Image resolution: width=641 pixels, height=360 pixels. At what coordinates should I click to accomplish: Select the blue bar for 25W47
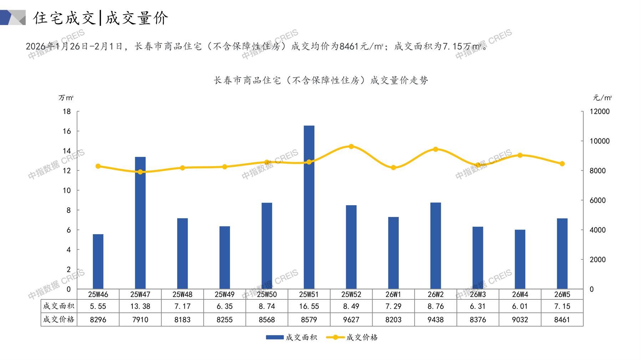click(140, 223)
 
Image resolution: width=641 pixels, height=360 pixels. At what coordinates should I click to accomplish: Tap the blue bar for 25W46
click(98, 261)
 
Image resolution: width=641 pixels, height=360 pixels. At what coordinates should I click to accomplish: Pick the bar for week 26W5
click(562, 253)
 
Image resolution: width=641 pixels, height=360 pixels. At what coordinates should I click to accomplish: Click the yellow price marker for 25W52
click(351, 146)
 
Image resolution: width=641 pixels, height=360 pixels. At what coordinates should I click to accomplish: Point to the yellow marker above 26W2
click(436, 149)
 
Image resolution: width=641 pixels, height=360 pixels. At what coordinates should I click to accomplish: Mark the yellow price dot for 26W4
click(520, 155)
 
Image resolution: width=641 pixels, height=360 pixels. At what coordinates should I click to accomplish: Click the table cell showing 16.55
click(309, 306)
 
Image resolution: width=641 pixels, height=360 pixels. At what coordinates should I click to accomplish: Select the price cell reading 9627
click(351, 320)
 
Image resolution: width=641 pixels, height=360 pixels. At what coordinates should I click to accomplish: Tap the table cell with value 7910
click(140, 320)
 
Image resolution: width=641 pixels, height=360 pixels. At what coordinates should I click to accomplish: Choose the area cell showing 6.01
click(520, 306)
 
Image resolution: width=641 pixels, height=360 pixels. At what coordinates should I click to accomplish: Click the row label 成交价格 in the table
click(59, 319)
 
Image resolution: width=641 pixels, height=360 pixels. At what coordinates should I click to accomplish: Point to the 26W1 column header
click(393, 294)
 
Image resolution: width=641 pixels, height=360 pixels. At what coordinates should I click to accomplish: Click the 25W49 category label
click(224, 294)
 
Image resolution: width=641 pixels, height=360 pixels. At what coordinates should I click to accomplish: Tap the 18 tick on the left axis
click(67, 112)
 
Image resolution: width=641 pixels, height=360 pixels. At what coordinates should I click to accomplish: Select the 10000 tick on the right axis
click(599, 141)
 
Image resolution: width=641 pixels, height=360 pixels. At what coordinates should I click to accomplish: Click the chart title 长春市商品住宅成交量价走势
click(321, 81)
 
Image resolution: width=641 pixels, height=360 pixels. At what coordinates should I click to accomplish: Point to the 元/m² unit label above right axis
click(602, 98)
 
